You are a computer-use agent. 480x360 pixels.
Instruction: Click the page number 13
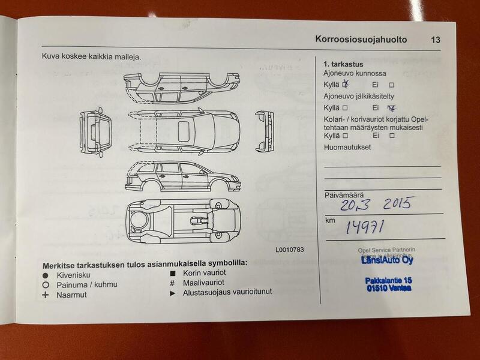coord(435,40)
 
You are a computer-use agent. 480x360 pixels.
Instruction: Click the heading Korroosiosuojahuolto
coord(361,40)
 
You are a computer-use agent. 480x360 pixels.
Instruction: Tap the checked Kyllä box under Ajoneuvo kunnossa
coord(346,85)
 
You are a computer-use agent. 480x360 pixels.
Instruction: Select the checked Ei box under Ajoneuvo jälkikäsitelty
coord(392,108)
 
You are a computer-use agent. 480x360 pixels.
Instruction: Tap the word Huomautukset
coord(347,146)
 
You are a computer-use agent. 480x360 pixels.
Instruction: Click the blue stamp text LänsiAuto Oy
coord(386,260)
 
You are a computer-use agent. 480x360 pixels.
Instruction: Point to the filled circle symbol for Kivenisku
coord(46,274)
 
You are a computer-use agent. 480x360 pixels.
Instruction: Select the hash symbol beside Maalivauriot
coord(172,284)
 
